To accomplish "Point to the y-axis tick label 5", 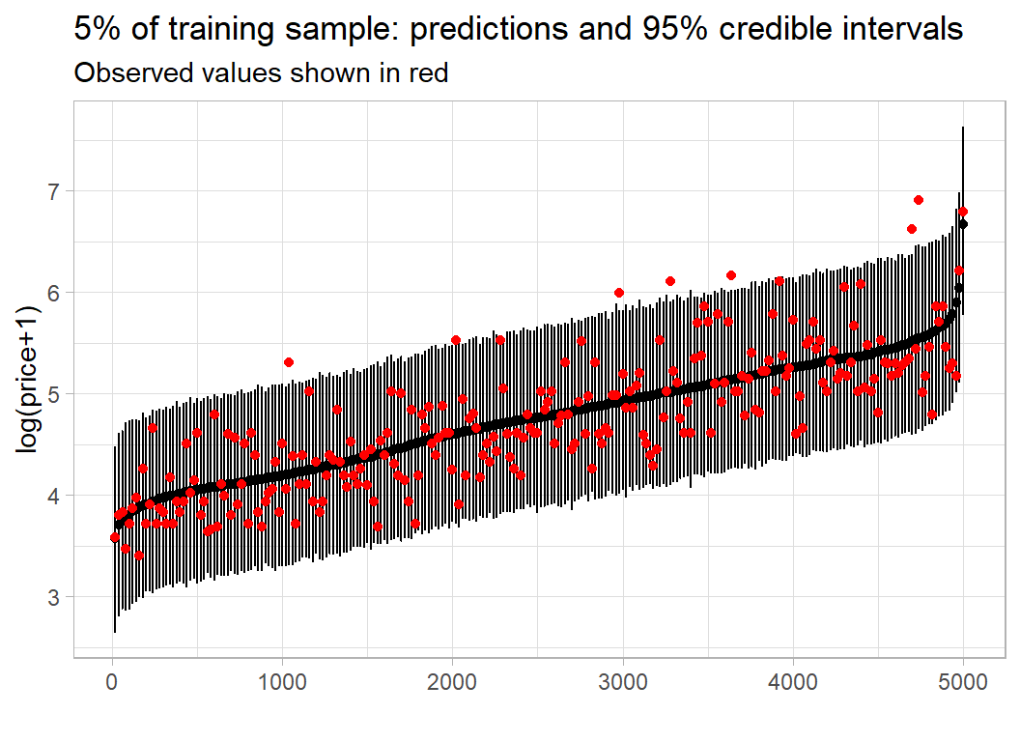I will pos(55,394).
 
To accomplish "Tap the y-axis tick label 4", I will pos(55,496).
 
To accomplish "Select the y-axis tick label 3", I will pos(55,598).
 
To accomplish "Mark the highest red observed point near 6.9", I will pos(918,200).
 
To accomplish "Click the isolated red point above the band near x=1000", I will pos(288,362).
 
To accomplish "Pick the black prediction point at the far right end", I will pos(962,224).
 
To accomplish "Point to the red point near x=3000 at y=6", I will pos(618,293).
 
